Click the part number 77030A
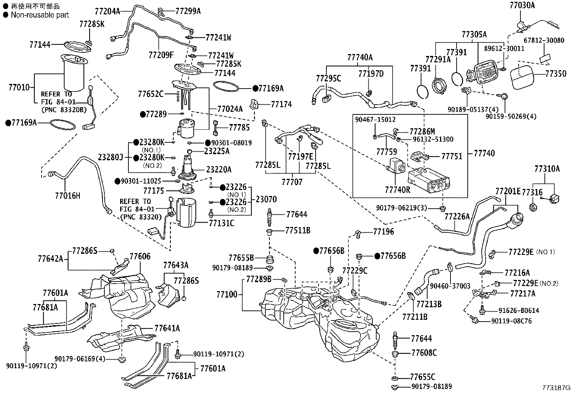coord(522,5)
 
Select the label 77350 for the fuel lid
coord(556,74)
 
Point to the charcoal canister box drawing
coord(429,180)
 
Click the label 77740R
coord(398,190)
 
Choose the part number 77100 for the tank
coord(227,295)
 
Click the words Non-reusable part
coord(40,15)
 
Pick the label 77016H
coord(67,195)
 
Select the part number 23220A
coord(219,170)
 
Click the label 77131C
coord(222,223)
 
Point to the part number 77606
coord(140,256)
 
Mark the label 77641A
coord(167,328)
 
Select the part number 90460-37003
coord(450,286)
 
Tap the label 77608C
coord(424,353)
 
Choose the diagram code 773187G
coord(556,388)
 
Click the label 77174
coord(282,104)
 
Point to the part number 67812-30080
coord(544,40)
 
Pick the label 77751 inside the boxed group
coord(452,156)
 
